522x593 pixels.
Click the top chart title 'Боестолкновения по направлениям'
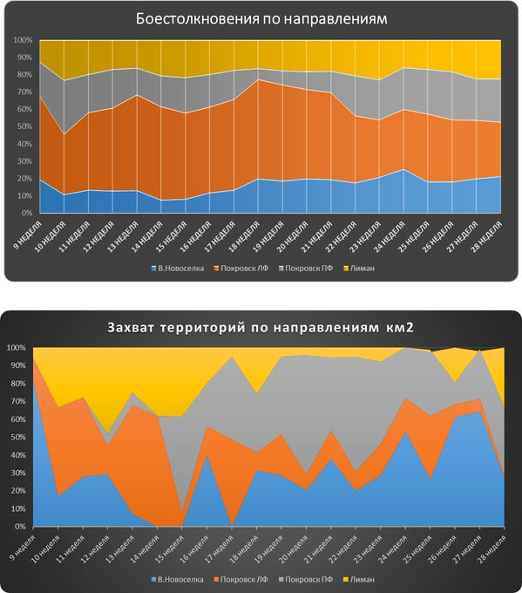[x=262, y=18]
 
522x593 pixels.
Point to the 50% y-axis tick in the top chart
[x=24, y=127]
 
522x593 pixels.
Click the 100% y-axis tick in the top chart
[x=23, y=41]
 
